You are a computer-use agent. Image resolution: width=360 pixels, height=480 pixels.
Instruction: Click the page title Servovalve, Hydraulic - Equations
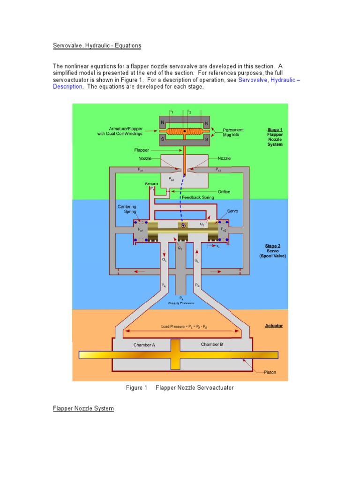click(97, 46)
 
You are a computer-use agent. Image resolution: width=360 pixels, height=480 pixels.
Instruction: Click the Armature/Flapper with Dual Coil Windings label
click(119, 131)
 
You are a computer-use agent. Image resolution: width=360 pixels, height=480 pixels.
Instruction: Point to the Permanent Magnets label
click(233, 132)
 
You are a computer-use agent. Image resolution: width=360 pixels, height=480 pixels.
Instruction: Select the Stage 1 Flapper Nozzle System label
click(275, 137)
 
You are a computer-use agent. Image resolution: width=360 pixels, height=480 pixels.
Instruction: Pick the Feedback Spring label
click(198, 197)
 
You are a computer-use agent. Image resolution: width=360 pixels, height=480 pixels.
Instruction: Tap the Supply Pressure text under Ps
click(181, 303)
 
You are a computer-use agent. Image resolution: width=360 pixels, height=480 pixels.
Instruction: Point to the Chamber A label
click(144, 345)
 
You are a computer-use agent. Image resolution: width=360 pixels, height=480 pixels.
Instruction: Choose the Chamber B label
click(212, 345)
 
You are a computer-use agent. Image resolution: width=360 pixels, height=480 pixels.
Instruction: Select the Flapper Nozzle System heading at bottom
click(83, 409)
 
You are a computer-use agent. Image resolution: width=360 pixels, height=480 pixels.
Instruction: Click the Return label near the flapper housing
click(151, 184)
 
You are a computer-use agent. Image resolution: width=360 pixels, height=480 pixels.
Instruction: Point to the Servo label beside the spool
click(233, 211)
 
